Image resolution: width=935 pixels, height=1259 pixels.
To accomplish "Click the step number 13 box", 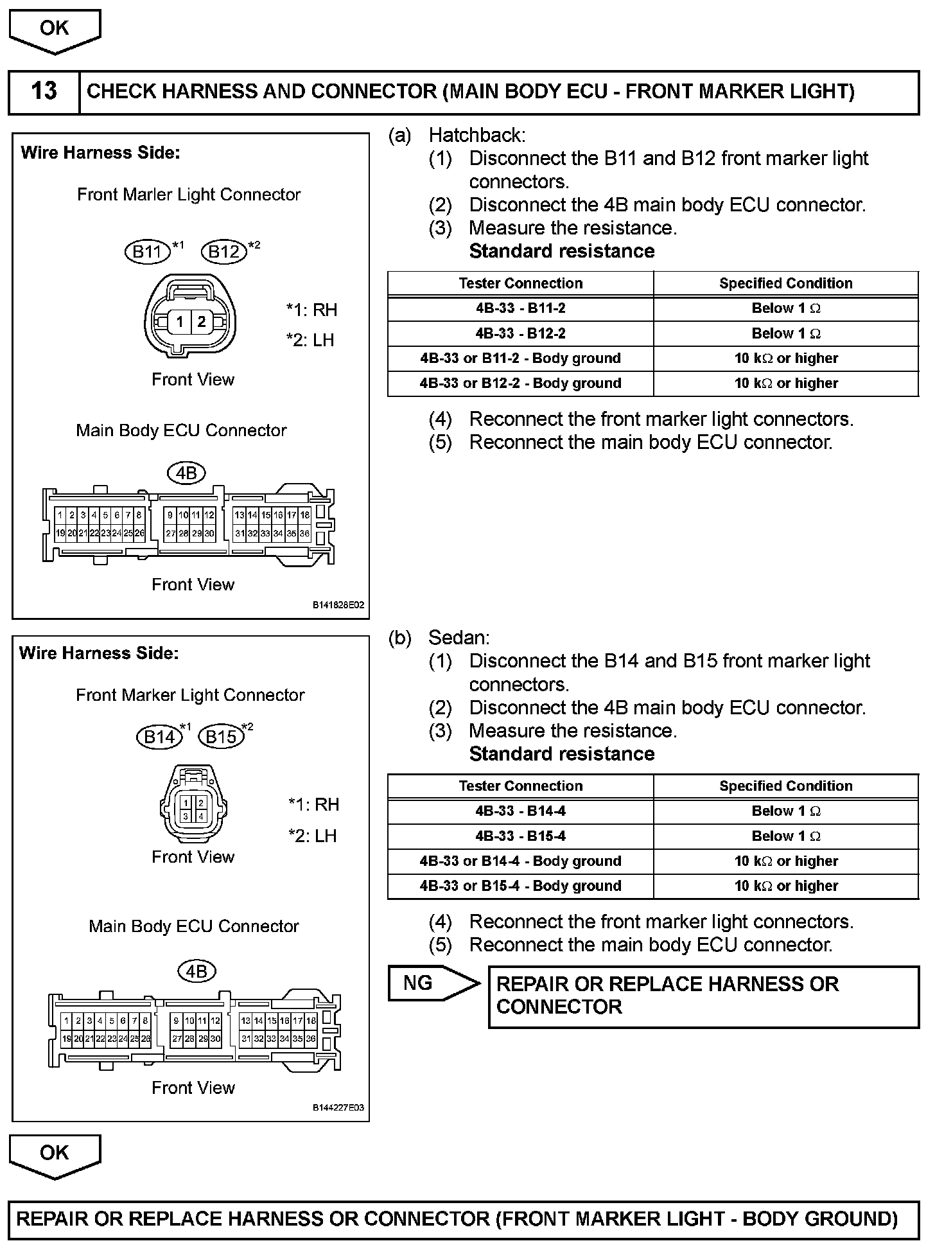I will pos(44,91).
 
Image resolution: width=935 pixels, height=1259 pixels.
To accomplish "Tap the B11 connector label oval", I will pos(147,251).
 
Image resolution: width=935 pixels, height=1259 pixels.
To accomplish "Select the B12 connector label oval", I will pos(224,251).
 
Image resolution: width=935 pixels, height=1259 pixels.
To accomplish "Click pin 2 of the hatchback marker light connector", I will pos(202,322).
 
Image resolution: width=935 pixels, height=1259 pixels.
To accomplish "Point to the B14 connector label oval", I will pos(159,736).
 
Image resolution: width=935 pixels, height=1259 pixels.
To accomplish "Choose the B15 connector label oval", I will pos(222,736).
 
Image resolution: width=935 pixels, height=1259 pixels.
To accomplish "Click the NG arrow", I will pos(432,983).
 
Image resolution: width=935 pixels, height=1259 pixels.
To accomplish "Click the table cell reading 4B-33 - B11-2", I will pos(520,308).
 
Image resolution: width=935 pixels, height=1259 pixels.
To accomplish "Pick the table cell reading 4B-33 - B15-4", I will pos(520,836).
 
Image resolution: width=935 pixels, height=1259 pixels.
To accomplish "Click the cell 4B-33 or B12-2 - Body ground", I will pos(520,383).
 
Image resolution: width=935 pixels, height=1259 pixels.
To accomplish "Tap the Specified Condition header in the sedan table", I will pos(785,786).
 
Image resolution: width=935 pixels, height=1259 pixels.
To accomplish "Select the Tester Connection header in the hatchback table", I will pos(520,283).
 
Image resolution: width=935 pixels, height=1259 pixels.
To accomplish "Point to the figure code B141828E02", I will pos(338,605).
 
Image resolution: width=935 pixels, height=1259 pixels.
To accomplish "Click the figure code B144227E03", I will pos(338,1107).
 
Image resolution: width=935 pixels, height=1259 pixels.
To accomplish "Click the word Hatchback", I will pos(476,136).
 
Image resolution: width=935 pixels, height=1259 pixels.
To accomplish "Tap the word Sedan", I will pos(459,638).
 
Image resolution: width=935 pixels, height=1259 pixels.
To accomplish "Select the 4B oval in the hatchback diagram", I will pos(186,473).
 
